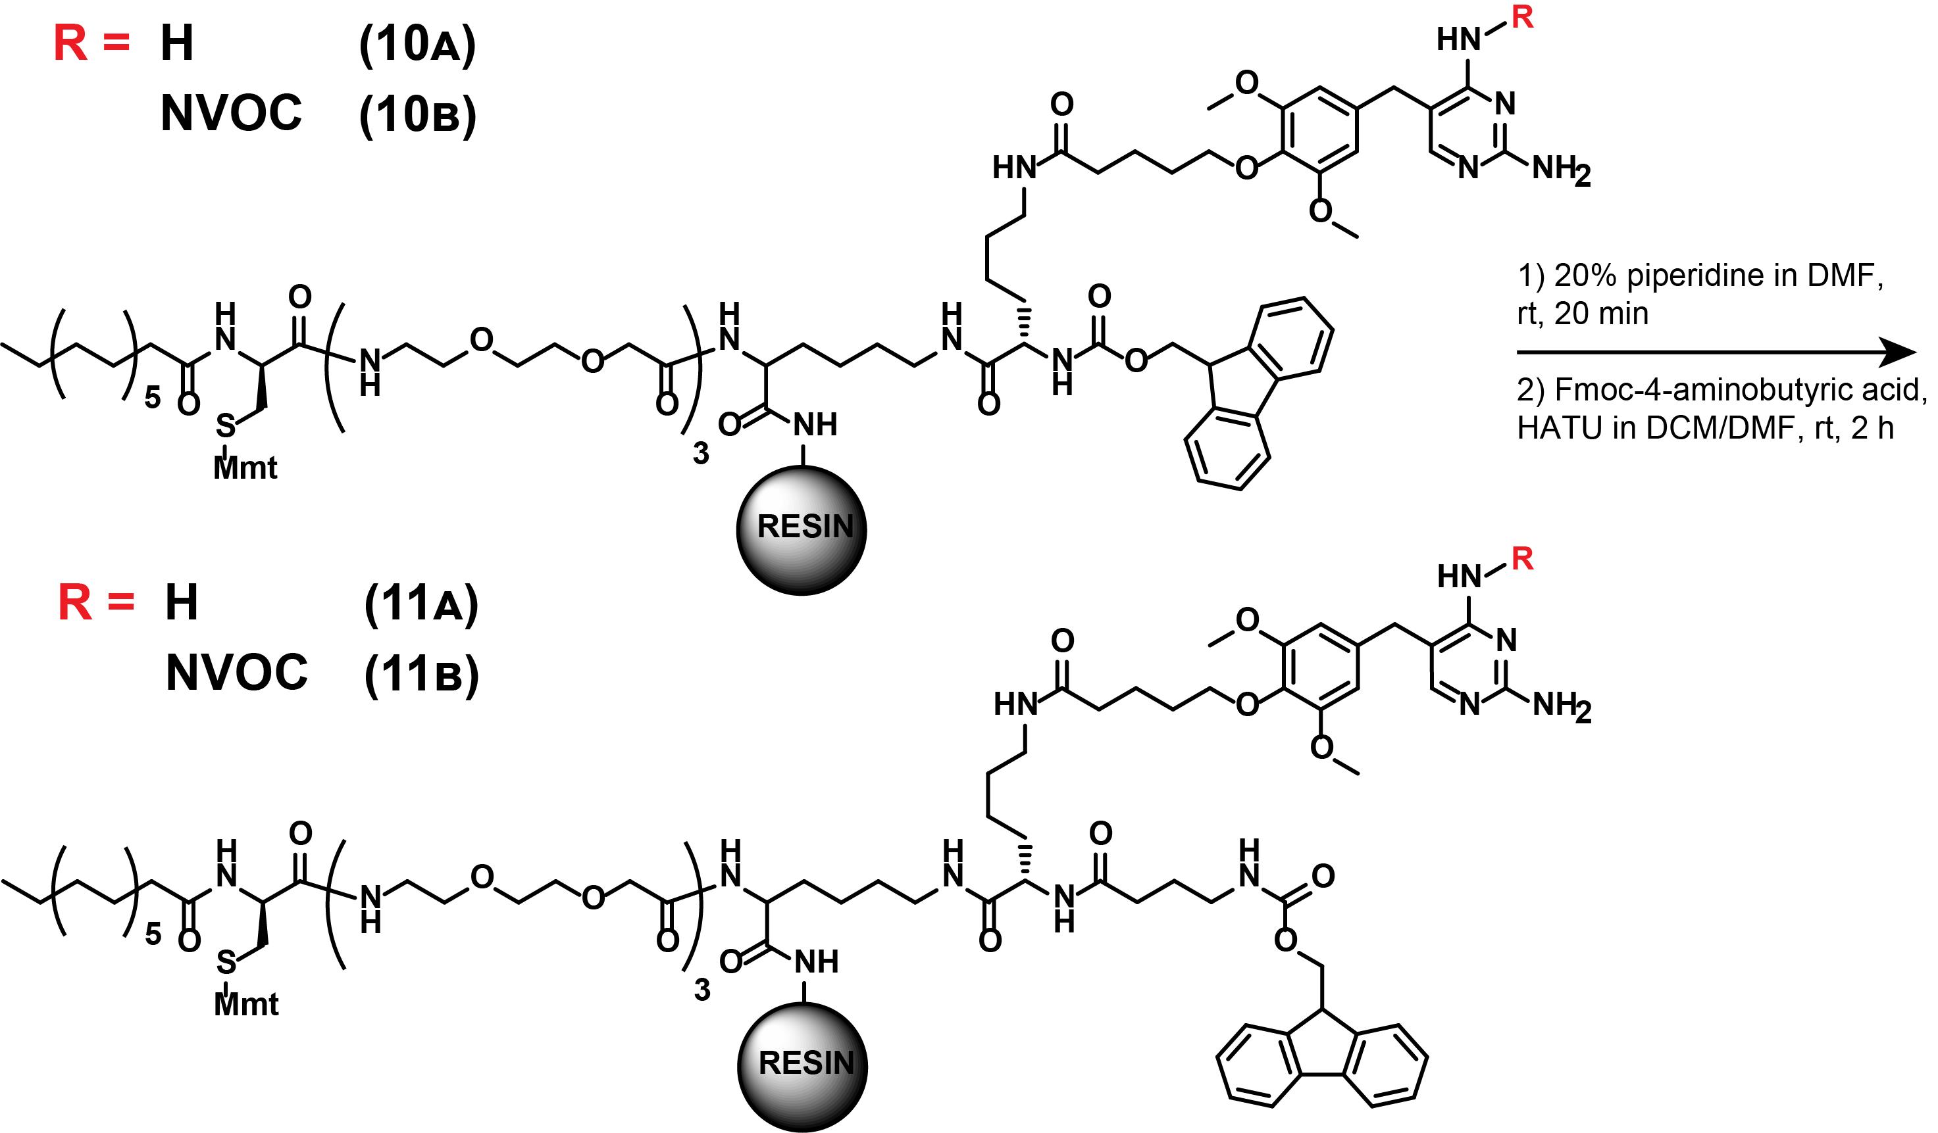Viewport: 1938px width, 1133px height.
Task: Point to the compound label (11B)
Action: point(421,675)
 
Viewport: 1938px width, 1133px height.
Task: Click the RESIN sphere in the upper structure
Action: point(802,529)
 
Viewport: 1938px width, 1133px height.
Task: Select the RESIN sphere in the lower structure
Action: point(802,1065)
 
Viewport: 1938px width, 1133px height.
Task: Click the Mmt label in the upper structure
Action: point(245,468)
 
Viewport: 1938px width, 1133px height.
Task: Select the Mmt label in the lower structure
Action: point(246,1005)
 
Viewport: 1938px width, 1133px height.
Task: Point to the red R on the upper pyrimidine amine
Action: point(1522,17)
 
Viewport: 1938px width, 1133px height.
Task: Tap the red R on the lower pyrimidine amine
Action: point(1522,559)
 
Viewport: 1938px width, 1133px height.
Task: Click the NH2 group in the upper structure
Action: point(1561,170)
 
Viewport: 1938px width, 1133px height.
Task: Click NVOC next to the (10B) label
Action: point(231,114)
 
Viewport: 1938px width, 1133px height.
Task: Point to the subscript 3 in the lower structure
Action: point(701,990)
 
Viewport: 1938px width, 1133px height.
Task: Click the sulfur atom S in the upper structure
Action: point(224,425)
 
